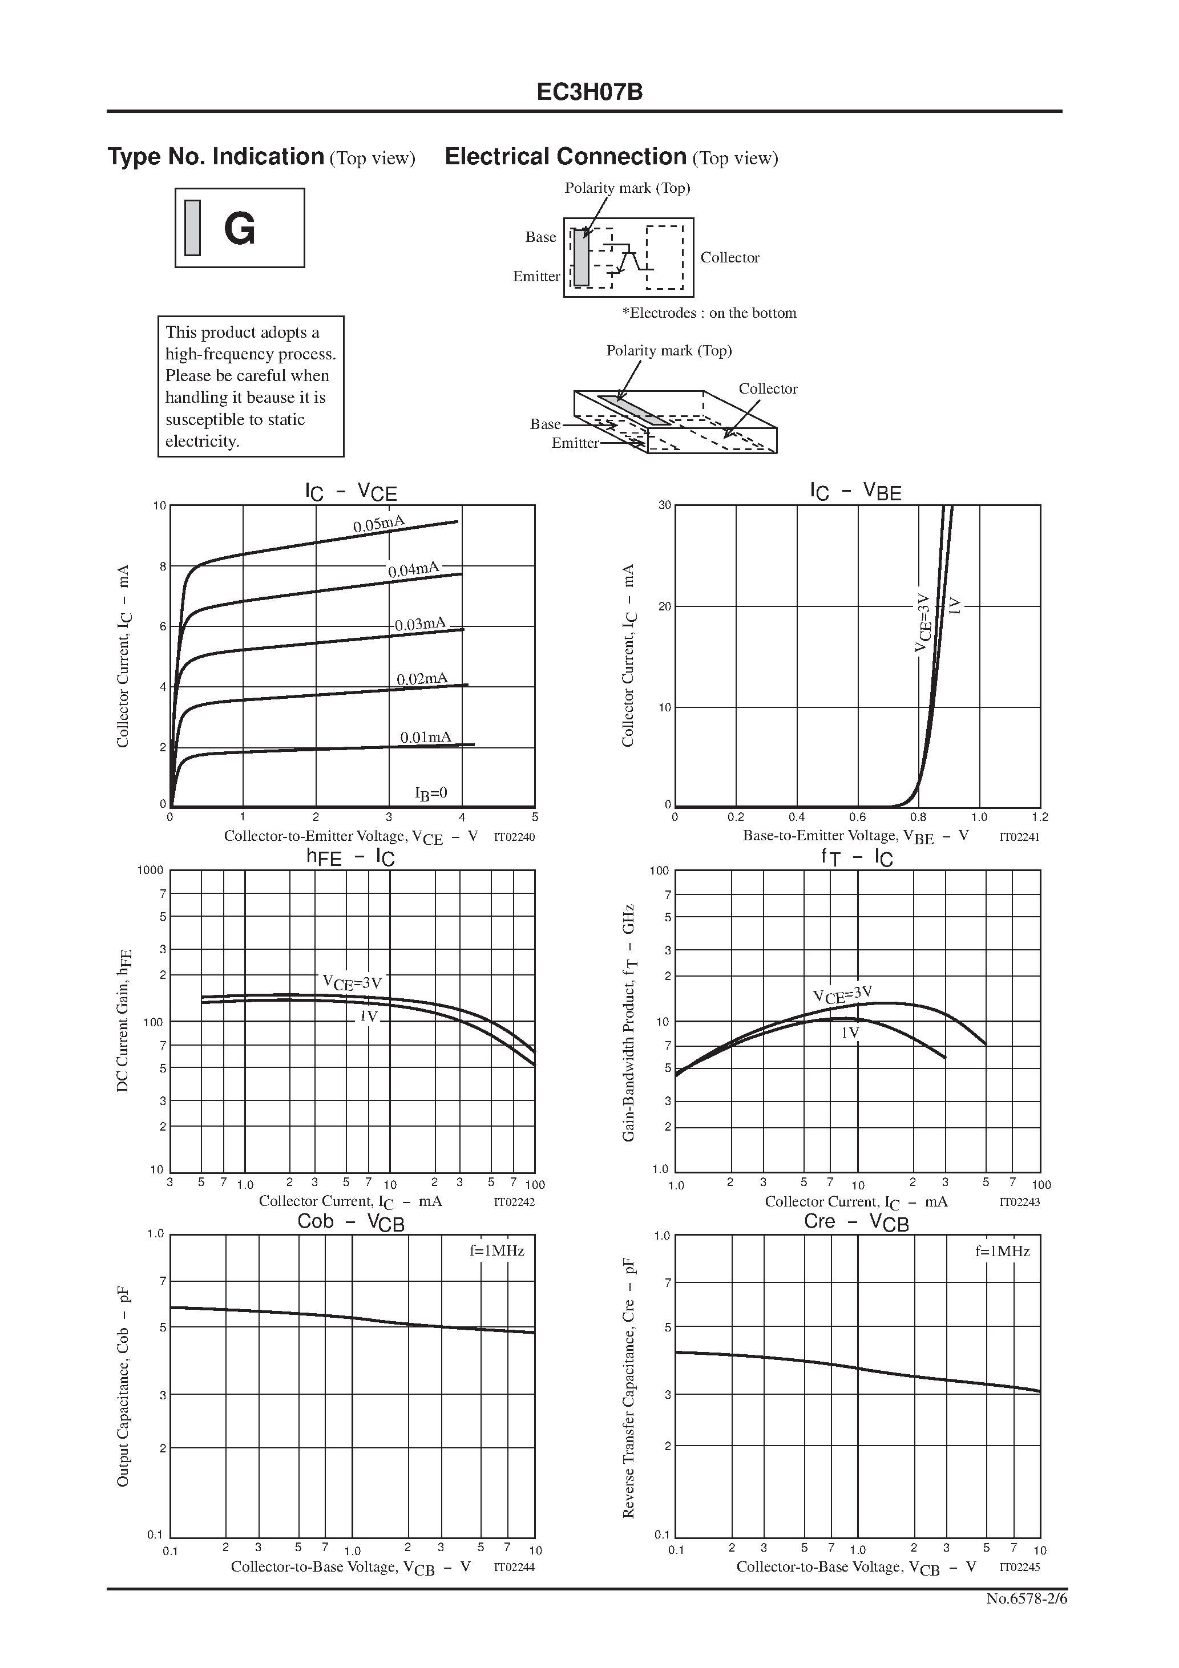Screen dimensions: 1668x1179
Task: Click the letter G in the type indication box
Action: click(239, 229)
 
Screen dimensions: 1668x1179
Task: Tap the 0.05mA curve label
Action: click(379, 524)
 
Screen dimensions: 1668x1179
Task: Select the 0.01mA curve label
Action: click(426, 738)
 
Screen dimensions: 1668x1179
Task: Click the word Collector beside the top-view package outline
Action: click(729, 258)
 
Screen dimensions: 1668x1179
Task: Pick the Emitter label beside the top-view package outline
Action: click(536, 277)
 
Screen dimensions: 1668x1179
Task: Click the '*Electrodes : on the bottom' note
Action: click(709, 313)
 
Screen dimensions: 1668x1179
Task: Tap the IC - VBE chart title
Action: click(855, 492)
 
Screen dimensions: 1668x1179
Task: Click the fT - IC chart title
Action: click(857, 858)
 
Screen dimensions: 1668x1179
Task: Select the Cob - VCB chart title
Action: click(350, 1222)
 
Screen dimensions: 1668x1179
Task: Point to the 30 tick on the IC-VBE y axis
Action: click(664, 505)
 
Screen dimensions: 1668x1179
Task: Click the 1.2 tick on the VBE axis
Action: click(1039, 817)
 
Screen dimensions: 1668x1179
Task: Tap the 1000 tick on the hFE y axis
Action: click(151, 871)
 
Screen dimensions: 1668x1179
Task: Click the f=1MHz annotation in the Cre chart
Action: click(1002, 1252)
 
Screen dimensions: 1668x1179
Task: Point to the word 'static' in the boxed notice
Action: click(282, 420)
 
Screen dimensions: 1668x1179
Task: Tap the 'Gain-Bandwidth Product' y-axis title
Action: click(629, 1023)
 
